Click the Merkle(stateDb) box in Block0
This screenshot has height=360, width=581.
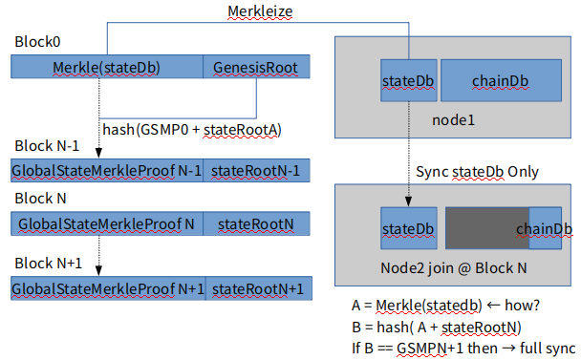coord(107,67)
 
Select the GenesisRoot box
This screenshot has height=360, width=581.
coord(256,67)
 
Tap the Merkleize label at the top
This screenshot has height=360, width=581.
coord(260,11)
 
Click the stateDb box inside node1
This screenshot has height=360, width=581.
coord(409,80)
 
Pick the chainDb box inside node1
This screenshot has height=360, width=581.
coord(501,80)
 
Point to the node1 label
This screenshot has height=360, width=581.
coord(453,120)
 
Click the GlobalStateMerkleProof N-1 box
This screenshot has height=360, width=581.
coord(107,170)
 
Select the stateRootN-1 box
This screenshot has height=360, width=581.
coord(256,170)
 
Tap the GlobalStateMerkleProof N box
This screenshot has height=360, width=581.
coord(107,223)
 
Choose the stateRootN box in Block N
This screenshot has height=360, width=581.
coord(256,223)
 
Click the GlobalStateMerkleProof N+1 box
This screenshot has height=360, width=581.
coord(108,288)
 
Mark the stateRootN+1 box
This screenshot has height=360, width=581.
coord(259,288)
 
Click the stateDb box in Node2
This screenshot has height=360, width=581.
coord(409,228)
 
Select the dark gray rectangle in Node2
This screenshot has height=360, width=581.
coord(487,228)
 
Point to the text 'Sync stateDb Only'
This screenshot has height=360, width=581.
coord(477,172)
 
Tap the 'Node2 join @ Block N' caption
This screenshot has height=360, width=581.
coord(454,267)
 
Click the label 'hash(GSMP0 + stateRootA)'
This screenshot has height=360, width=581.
coord(192,130)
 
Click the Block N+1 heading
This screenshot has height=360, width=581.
coord(48,263)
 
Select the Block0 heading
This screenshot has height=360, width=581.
coord(37,41)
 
